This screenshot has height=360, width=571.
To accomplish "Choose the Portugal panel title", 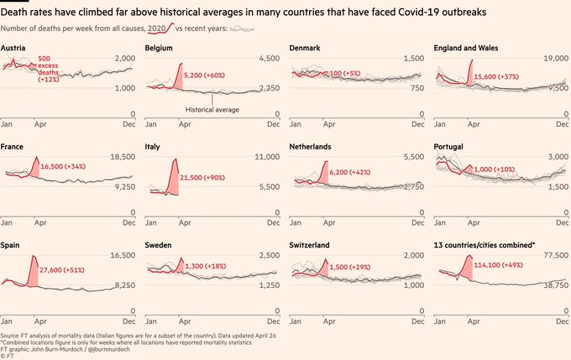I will [x=451, y=146].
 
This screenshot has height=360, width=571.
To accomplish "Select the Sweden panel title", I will [x=160, y=245].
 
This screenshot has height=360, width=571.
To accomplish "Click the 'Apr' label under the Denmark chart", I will [x=329, y=124].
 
